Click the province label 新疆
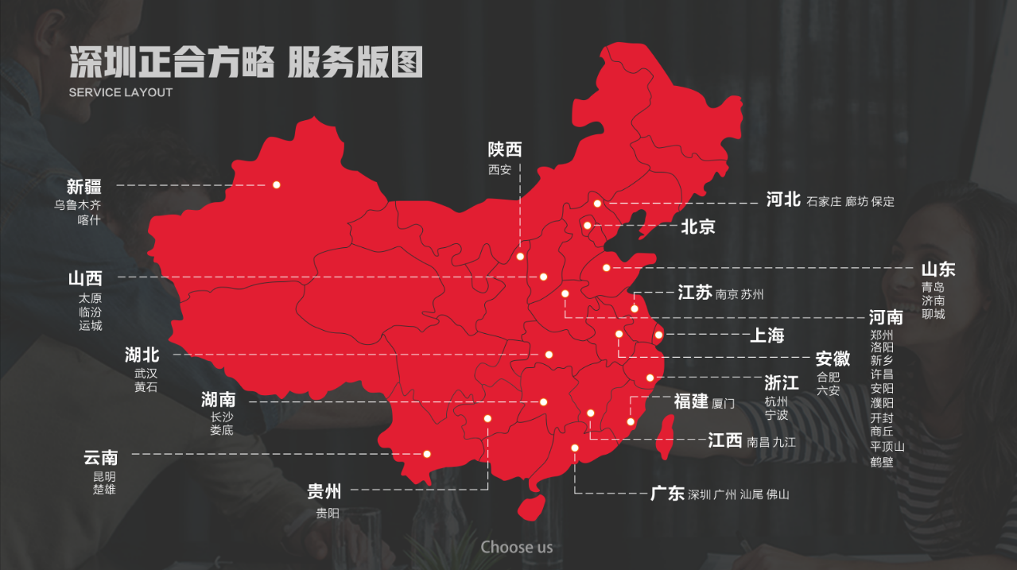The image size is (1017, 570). pyautogui.click(x=83, y=187)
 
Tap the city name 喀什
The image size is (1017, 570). pyautogui.click(x=89, y=219)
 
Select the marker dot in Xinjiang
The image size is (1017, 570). pyautogui.click(x=277, y=184)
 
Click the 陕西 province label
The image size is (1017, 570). pyautogui.click(x=505, y=149)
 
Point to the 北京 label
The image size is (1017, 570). pyautogui.click(x=697, y=227)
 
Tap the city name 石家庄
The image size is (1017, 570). pyautogui.click(x=823, y=201)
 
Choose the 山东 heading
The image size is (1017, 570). pyautogui.click(x=938, y=269)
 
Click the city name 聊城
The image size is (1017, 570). pyautogui.click(x=934, y=314)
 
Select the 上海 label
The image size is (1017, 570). pyautogui.click(x=767, y=335)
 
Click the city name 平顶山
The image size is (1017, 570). pyautogui.click(x=887, y=446)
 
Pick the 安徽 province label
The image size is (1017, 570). pyautogui.click(x=833, y=359)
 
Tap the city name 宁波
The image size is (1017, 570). pyautogui.click(x=776, y=415)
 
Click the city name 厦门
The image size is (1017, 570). pyautogui.click(x=724, y=404)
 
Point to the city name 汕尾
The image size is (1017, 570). pyautogui.click(x=751, y=494)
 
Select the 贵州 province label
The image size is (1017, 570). pyautogui.click(x=324, y=492)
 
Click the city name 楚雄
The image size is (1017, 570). pyautogui.click(x=104, y=489)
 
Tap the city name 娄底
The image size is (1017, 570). pyautogui.click(x=221, y=430)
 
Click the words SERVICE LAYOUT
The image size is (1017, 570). pyautogui.click(x=121, y=92)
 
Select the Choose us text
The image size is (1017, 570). pyautogui.click(x=516, y=547)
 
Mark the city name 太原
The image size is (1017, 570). pyautogui.click(x=90, y=298)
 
